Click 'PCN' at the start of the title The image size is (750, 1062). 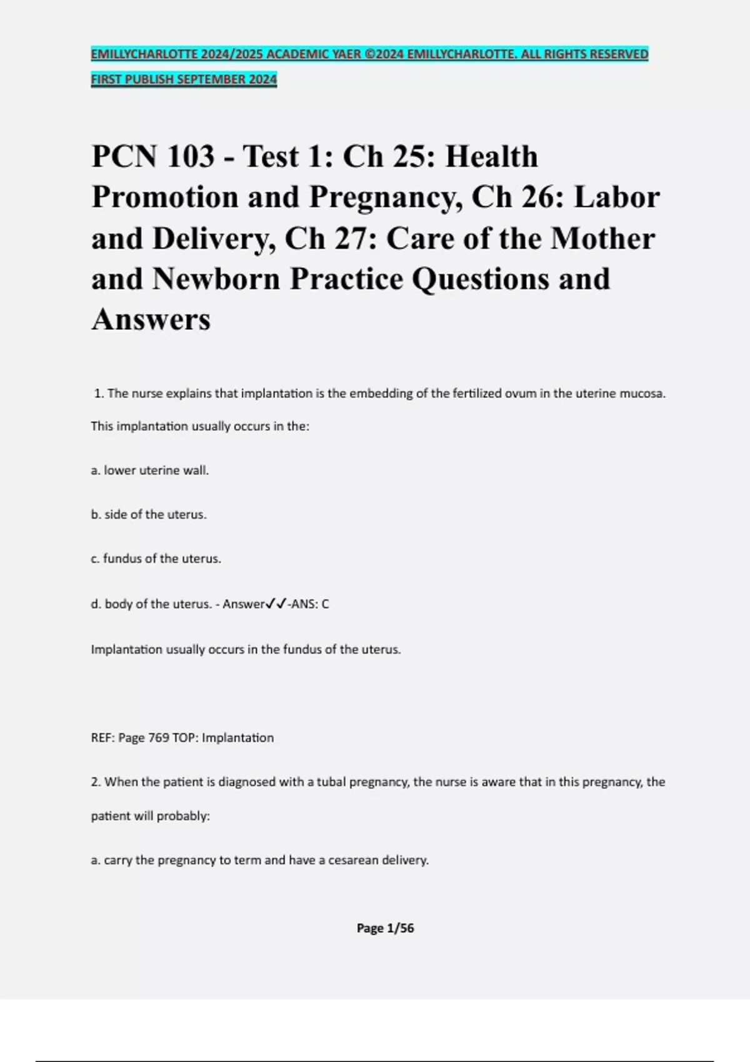124,156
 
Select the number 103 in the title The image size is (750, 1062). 189,156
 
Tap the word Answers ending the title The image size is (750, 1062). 151,319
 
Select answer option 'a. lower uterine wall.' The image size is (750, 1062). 150,470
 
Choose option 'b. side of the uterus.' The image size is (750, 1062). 149,515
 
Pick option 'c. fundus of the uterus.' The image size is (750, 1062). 156,558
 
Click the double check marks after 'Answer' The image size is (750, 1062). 276,604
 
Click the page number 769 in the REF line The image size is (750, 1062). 159,738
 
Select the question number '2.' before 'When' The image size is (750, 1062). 96,782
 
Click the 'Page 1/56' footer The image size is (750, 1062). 385,928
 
